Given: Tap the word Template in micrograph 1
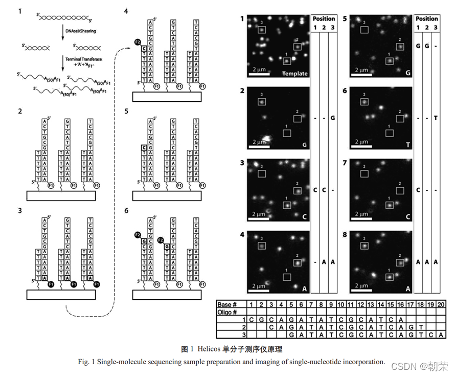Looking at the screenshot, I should [x=295, y=73].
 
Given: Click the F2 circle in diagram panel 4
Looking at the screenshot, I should [x=137, y=41].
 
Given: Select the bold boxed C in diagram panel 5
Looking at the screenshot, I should [x=144, y=147].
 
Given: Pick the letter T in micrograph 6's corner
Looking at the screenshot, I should [x=407, y=145].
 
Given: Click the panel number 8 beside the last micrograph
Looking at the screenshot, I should [x=345, y=236].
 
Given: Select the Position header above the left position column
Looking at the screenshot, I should [x=324, y=19].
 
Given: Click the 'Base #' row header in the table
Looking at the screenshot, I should [x=228, y=304].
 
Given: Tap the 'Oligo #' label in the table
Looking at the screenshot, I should [x=229, y=312].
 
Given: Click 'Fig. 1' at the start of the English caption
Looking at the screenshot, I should [x=84, y=362].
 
